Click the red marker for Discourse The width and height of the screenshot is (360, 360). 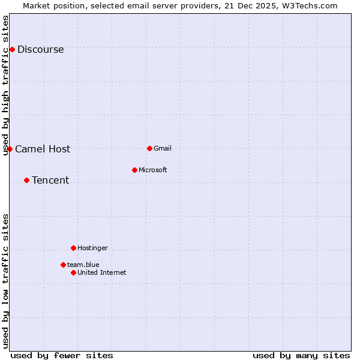(12, 49)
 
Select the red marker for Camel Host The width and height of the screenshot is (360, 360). (10, 149)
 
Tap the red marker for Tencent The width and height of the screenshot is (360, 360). (26, 180)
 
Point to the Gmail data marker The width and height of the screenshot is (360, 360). (149, 148)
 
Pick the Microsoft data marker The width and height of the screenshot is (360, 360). (134, 170)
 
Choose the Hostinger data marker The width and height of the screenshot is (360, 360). (73, 248)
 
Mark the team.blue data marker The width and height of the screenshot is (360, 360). (63, 265)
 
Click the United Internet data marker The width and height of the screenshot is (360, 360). (73, 272)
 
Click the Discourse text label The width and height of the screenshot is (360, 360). (40, 50)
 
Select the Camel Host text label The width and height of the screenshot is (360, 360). (43, 149)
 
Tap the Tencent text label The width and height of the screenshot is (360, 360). (50, 181)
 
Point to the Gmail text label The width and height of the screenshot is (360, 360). (163, 149)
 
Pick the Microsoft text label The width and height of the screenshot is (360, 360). (153, 170)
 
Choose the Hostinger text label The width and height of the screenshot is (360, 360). (92, 248)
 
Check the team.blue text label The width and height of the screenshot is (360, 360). (83, 265)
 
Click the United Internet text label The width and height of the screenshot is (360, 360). (102, 273)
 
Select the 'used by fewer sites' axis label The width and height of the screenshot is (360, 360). (62, 355)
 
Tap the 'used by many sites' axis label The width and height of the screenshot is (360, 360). (301, 355)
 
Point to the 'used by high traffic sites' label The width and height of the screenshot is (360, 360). (6, 85)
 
